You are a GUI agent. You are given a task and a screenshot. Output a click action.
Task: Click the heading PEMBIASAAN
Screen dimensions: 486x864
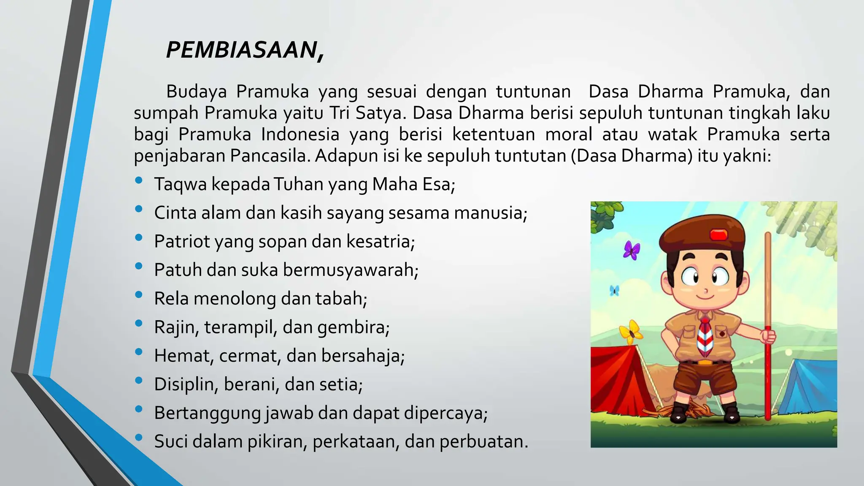245,50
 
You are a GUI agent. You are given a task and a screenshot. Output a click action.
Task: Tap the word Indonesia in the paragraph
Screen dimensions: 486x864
300,135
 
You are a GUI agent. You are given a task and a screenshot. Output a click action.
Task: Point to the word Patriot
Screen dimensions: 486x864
182,242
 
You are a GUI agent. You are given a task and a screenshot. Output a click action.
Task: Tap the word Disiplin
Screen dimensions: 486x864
185,384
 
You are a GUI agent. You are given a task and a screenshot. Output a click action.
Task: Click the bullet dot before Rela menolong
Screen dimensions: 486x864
139,295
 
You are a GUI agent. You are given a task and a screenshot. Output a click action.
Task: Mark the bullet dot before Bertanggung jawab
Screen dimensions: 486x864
139,409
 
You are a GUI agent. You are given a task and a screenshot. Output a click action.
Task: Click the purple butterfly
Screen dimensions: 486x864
632,250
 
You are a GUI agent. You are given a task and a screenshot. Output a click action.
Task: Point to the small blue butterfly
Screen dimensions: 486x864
615,290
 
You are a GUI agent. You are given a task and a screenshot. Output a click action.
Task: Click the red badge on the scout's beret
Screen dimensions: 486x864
719,235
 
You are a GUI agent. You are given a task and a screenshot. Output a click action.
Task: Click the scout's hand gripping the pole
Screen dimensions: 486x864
768,337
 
